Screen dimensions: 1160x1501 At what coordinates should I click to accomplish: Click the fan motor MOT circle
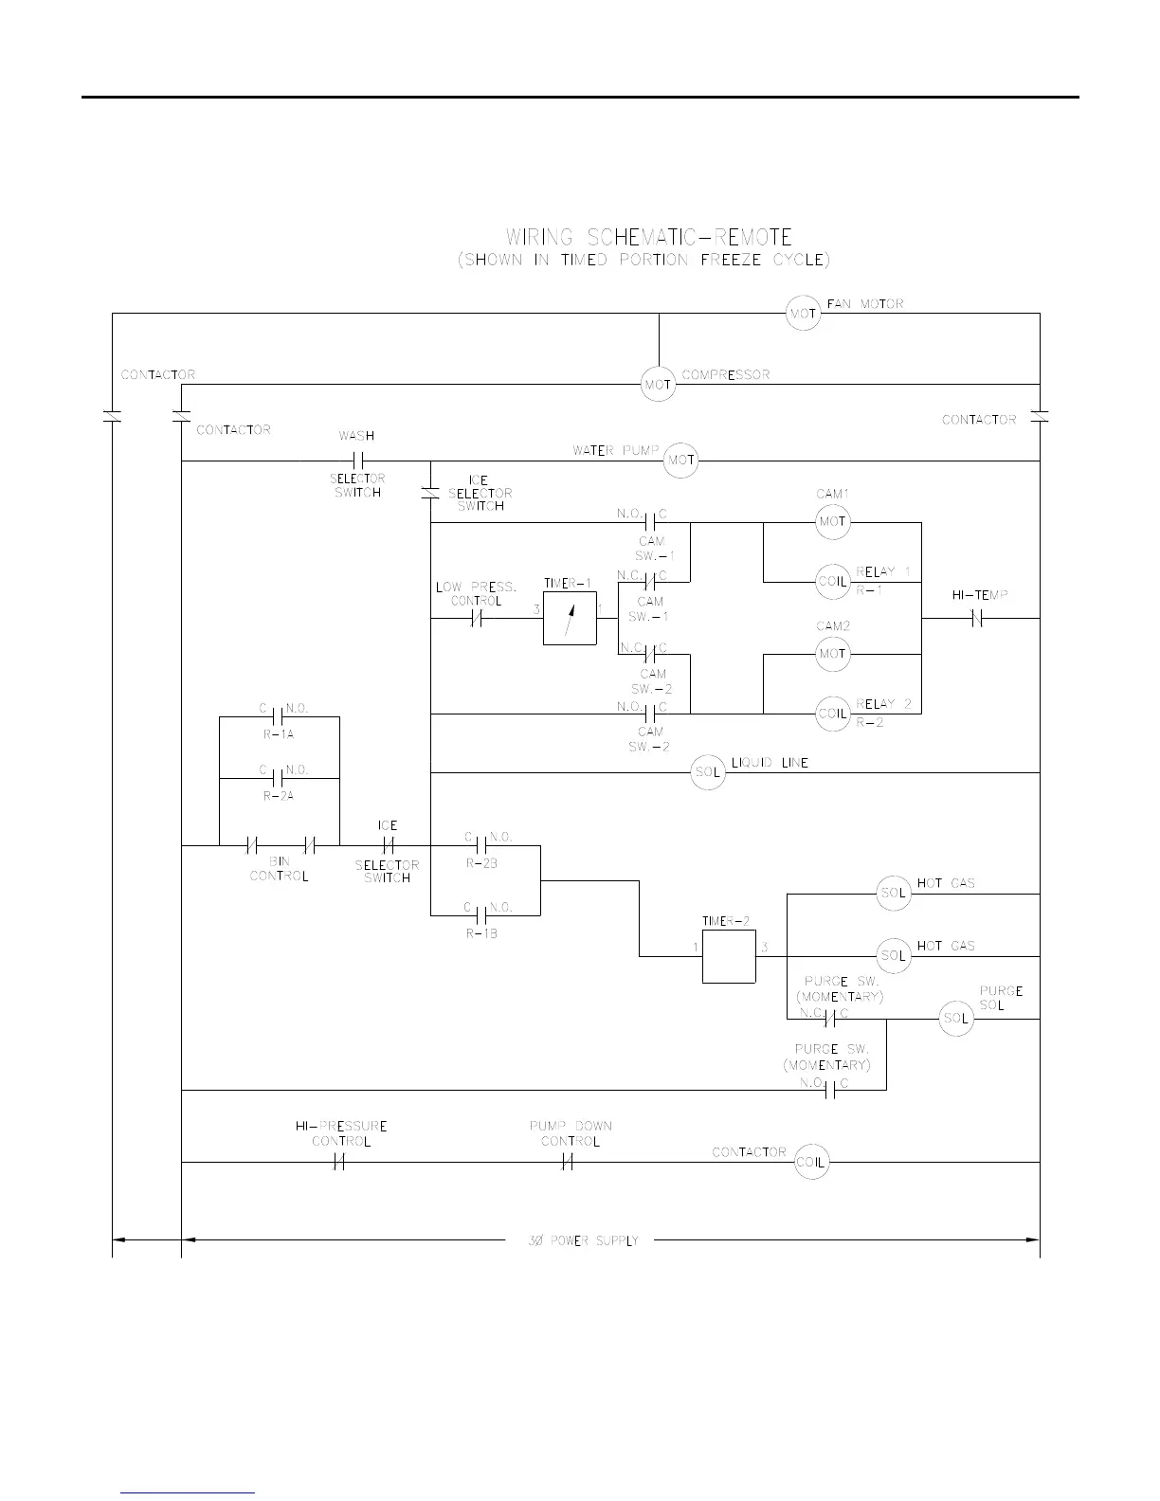click(x=803, y=314)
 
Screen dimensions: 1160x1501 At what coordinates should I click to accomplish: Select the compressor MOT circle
click(x=658, y=384)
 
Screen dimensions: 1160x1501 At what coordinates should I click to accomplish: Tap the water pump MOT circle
click(x=680, y=461)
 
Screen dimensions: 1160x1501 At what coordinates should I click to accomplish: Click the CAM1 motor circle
click(x=832, y=522)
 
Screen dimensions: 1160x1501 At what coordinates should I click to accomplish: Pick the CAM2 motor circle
click(x=832, y=654)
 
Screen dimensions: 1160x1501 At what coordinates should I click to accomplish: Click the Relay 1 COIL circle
click(x=832, y=581)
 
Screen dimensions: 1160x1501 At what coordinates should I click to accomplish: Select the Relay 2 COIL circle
click(x=832, y=713)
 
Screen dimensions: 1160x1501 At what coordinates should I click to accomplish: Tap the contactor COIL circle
click(x=811, y=1162)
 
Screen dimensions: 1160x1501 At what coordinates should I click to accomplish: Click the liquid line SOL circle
click(x=709, y=772)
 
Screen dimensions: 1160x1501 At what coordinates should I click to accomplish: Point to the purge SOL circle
click(x=956, y=1019)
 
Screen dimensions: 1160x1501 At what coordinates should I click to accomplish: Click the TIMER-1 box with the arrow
click(x=570, y=619)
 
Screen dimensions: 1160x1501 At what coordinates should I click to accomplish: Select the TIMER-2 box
click(x=729, y=956)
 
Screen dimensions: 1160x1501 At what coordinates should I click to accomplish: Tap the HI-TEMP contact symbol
click(x=977, y=619)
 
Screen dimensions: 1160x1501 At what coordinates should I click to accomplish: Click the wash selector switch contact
click(x=358, y=461)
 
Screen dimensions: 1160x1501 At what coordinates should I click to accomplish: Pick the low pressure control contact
click(x=477, y=619)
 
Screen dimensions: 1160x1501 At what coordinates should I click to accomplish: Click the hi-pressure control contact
click(x=339, y=1162)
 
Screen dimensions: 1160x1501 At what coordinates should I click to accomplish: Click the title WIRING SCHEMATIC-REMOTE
click(x=648, y=237)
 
